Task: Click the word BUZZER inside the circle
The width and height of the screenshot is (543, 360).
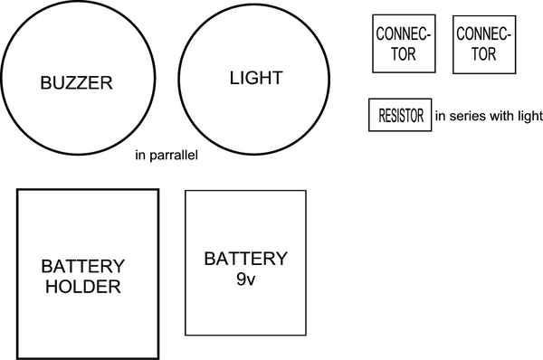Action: click(x=76, y=83)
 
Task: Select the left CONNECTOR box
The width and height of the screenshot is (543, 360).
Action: click(x=404, y=43)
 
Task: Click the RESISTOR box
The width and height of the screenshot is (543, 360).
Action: click(x=399, y=116)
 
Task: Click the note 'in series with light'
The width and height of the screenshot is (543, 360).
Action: click(x=489, y=116)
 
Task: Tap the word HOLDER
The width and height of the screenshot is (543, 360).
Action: click(x=82, y=287)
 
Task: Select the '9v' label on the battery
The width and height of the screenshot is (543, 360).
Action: click(x=245, y=280)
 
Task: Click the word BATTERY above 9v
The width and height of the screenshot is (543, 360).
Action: click(x=245, y=260)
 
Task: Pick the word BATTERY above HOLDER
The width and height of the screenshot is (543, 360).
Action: click(x=82, y=267)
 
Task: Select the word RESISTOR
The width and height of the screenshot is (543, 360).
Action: click(x=399, y=116)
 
